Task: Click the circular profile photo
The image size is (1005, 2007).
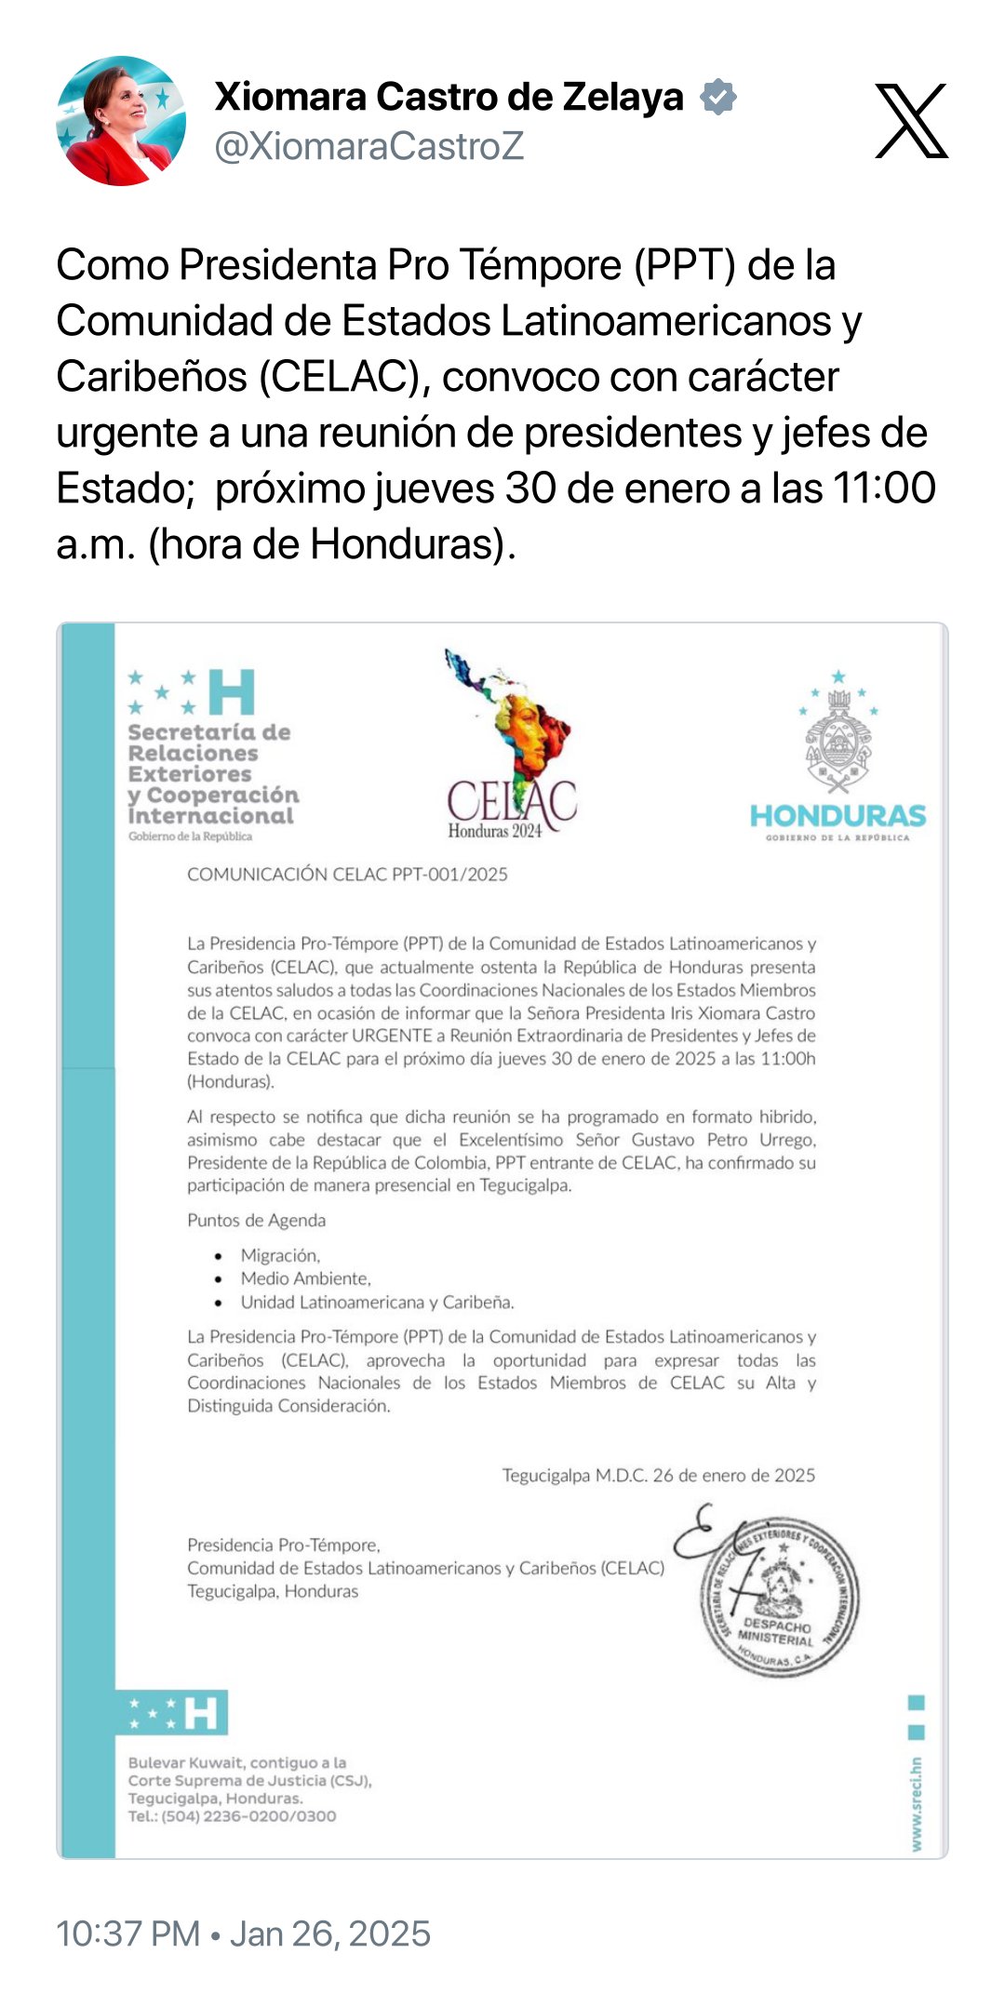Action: point(121,121)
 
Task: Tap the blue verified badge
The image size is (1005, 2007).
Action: point(718,97)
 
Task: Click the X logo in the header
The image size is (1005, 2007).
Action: point(911,121)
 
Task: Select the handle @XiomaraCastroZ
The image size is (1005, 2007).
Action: point(369,146)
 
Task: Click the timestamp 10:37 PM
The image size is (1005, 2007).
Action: point(127,1933)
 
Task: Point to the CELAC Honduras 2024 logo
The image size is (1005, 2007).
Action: point(511,745)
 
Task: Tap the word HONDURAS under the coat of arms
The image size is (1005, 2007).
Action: point(837,816)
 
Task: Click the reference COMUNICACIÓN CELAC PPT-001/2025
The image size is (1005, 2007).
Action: point(347,874)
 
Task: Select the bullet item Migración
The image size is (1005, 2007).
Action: point(280,1255)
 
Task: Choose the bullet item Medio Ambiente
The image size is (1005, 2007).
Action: point(305,1278)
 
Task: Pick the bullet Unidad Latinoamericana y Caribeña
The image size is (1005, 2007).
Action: point(377,1302)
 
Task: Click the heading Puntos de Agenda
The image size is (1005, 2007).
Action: point(257,1220)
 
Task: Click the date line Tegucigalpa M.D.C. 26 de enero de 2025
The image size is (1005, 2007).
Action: point(658,1475)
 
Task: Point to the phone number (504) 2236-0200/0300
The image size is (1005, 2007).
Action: point(248,1815)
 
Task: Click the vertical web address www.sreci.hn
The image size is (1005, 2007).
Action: point(917,1803)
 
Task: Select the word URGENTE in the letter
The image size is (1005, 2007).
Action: point(392,1036)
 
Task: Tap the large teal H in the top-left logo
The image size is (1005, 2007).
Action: point(232,691)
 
